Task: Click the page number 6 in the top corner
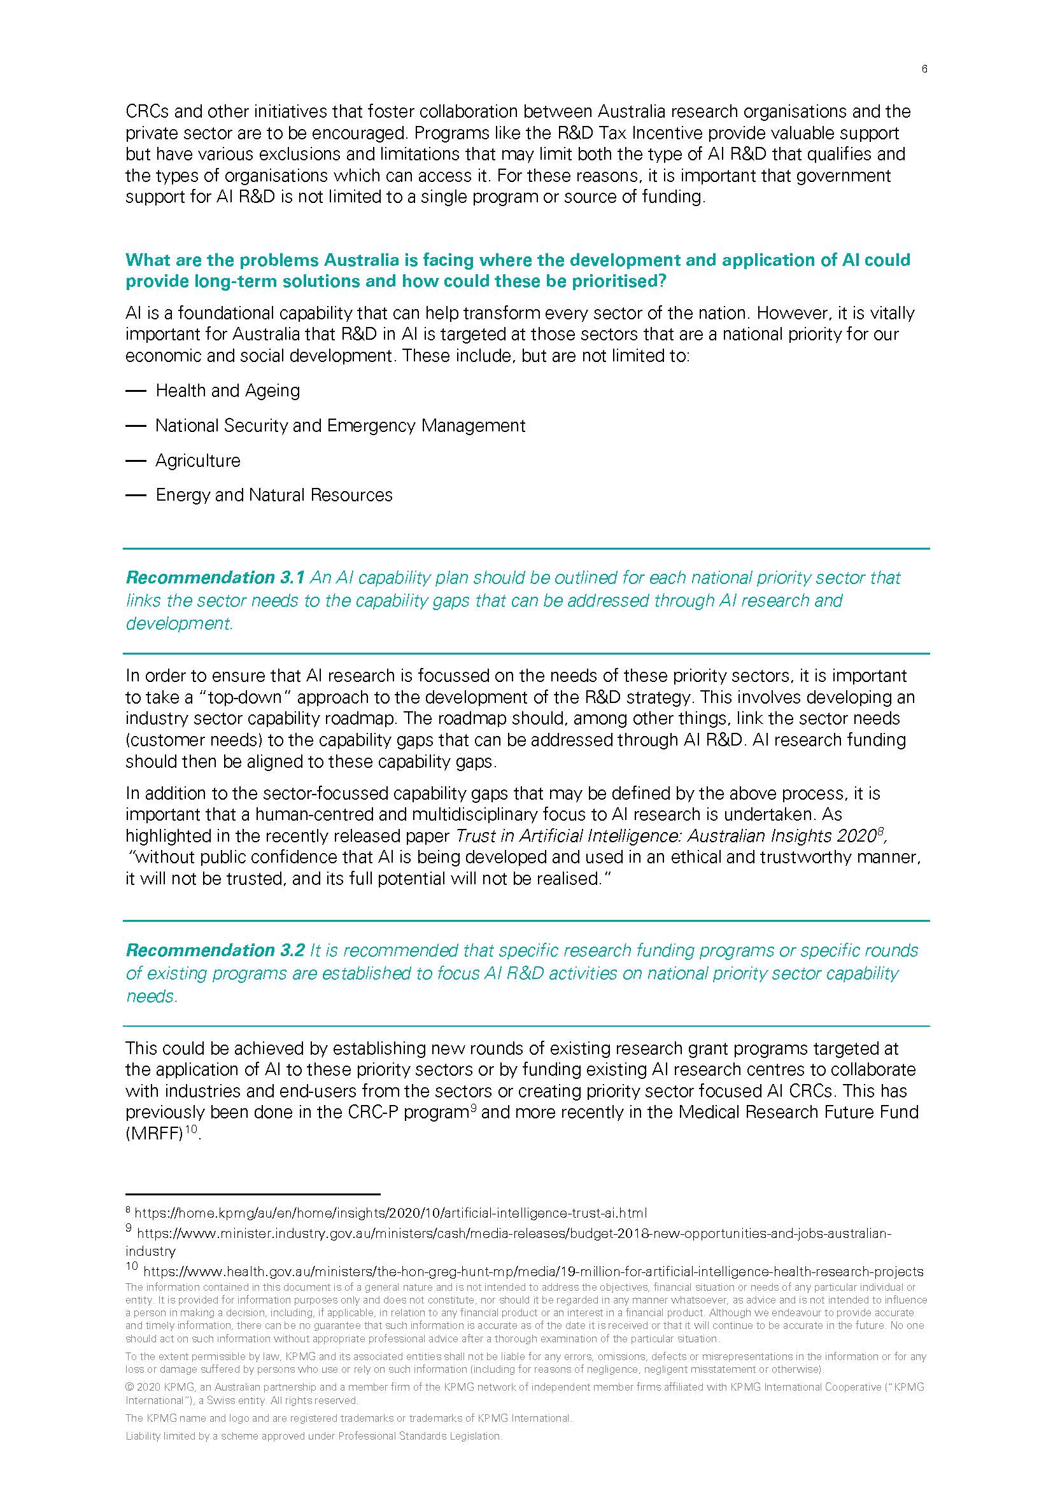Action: click(924, 69)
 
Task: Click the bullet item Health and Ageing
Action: click(227, 391)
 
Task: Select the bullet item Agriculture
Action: click(198, 461)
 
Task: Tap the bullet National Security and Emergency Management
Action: click(341, 426)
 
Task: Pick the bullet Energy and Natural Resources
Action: click(274, 495)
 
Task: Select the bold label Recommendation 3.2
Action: click(215, 950)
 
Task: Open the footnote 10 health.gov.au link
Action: click(533, 1271)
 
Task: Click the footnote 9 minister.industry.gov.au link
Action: click(514, 1234)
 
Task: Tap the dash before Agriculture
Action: click(136, 461)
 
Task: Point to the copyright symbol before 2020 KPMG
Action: click(129, 1387)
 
